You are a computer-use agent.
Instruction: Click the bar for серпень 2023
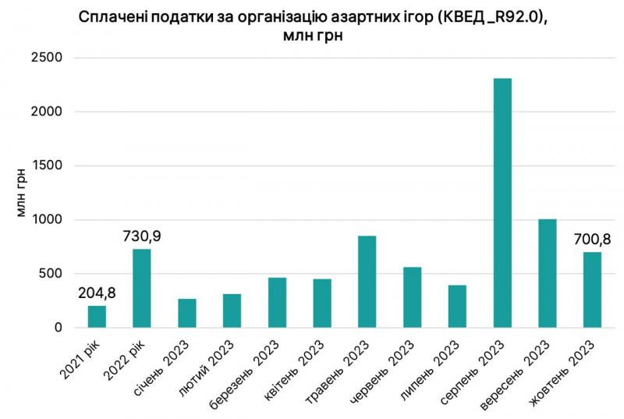tap(502, 203)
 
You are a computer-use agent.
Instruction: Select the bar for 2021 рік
tap(97, 317)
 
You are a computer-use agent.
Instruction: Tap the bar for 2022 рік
tap(142, 288)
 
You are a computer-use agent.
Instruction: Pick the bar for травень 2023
tap(367, 282)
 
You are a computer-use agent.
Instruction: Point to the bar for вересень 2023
tap(548, 273)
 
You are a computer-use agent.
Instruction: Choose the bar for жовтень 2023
tap(592, 289)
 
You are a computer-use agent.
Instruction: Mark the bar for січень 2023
tap(186, 313)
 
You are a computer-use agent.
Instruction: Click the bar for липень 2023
tap(457, 306)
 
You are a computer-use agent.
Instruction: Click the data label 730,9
tap(142, 236)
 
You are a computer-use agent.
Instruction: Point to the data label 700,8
tap(592, 239)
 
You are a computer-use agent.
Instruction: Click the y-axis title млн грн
tap(23, 193)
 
